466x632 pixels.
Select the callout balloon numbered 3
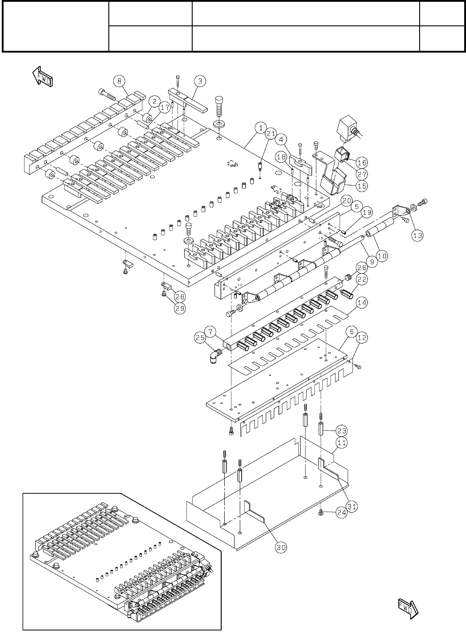(x=200, y=81)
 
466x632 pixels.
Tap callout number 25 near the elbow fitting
(x=199, y=338)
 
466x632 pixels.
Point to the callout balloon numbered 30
(x=280, y=548)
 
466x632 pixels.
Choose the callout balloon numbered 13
(x=417, y=236)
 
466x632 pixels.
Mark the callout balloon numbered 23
(x=342, y=431)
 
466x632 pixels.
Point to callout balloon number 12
(x=362, y=338)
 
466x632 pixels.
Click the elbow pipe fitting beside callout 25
(x=216, y=354)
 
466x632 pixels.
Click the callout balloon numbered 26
(x=362, y=267)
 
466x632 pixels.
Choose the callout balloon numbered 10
(x=382, y=255)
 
